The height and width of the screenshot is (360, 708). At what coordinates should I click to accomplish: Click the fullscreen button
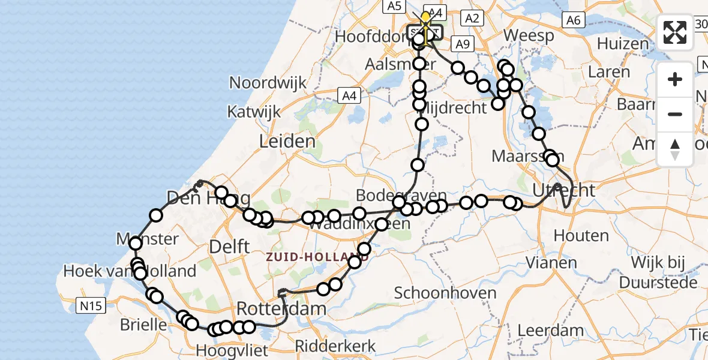(675, 32)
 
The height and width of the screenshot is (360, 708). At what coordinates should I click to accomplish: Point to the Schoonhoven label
(445, 293)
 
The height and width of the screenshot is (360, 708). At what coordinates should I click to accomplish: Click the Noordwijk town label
(268, 83)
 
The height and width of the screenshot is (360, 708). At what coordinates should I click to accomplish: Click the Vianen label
(551, 262)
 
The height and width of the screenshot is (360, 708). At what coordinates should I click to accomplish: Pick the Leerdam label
(550, 330)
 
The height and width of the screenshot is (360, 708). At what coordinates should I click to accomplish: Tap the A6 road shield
(574, 20)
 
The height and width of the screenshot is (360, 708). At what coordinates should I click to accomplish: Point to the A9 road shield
(462, 44)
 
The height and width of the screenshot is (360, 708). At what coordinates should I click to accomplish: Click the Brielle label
(143, 325)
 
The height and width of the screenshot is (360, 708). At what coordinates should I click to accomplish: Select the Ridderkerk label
(335, 346)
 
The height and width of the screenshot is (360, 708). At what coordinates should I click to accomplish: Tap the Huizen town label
(622, 44)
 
